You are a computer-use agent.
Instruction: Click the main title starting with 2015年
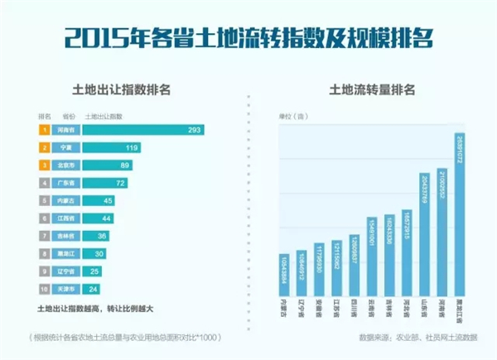point(248,38)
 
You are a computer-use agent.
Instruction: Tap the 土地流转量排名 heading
point(372,88)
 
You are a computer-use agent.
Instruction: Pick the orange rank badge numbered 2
point(41,147)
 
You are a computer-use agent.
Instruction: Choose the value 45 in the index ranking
point(107,200)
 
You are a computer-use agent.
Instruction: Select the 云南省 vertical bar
point(371,257)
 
